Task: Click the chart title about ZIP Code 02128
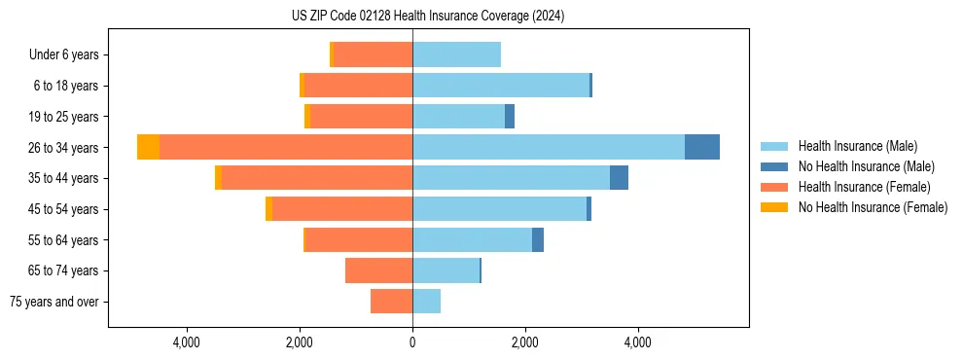(x=428, y=17)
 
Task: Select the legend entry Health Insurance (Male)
(x=856, y=146)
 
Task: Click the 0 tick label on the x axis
(x=412, y=342)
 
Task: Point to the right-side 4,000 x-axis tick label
(x=638, y=342)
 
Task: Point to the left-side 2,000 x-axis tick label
(x=300, y=342)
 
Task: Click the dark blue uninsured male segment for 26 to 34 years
(x=702, y=147)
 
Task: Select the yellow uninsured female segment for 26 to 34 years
(x=148, y=147)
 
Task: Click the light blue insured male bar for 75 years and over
(x=426, y=302)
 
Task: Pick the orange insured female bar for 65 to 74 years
(x=378, y=270)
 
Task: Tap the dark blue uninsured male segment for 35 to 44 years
(x=619, y=178)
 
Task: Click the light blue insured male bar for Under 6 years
(x=456, y=55)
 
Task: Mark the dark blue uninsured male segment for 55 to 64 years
(x=538, y=239)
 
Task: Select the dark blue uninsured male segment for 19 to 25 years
(x=510, y=117)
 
